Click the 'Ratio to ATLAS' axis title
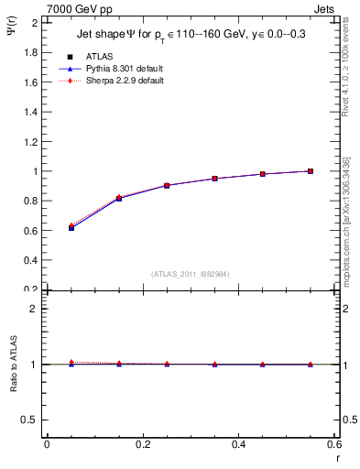[x=15, y=365]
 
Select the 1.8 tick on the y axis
[x=32, y=52]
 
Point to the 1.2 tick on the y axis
[x=32, y=141]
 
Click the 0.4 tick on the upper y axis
[x=32, y=260]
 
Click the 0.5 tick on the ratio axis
[x=32, y=420]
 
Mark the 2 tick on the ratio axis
[x=35, y=309]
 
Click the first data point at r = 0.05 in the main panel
[x=71, y=227]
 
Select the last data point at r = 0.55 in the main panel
[x=311, y=170]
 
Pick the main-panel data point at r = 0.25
[x=167, y=185]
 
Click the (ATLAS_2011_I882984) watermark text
[x=191, y=274]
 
